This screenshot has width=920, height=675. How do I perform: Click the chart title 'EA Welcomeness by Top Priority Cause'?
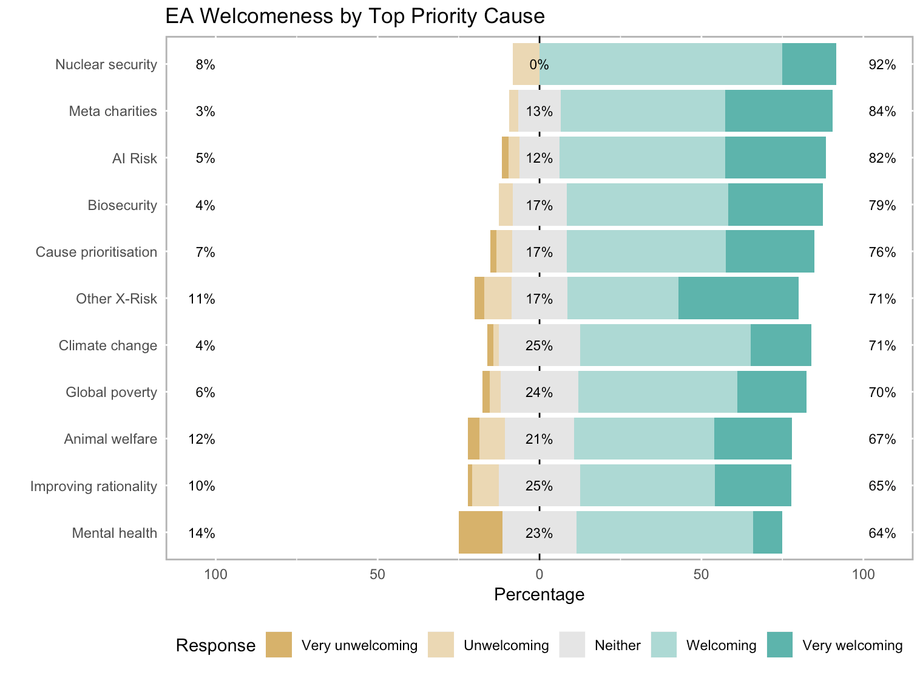tap(355, 16)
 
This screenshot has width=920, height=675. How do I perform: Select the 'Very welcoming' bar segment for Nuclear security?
tap(809, 64)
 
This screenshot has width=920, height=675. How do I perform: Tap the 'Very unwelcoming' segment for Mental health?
tap(480, 533)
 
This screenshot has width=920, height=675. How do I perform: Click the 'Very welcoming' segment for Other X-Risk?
tap(738, 299)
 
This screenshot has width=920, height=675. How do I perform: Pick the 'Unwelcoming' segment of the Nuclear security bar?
tap(526, 64)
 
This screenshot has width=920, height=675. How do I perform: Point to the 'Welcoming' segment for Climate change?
tap(665, 345)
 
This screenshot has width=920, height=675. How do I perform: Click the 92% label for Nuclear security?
tap(882, 65)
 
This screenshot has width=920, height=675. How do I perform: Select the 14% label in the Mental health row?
tap(201, 534)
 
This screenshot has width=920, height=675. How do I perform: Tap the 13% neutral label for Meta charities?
tap(539, 112)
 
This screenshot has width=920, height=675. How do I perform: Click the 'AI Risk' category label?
tap(134, 158)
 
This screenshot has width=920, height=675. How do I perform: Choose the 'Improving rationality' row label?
tap(93, 486)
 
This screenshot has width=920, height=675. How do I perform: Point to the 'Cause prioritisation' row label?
tap(96, 252)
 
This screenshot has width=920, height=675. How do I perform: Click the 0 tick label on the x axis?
tap(539, 574)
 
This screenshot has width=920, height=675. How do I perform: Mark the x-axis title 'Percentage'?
tap(539, 594)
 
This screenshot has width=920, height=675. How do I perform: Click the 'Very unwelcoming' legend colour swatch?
tap(279, 645)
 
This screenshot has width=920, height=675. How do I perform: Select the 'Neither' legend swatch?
tap(572, 645)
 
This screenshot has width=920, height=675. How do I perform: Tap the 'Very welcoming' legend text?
tap(852, 645)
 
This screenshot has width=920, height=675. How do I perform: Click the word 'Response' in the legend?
tap(215, 645)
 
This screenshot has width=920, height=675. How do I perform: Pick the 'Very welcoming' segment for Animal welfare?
tap(753, 439)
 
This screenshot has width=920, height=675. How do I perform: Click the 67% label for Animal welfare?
tap(882, 439)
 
